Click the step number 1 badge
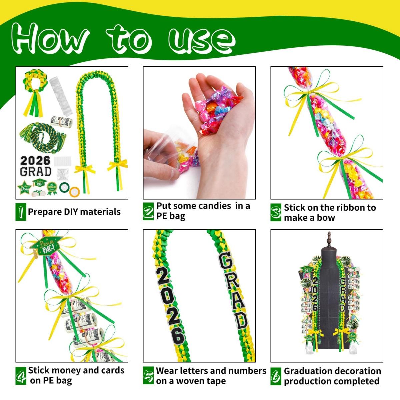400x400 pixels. coord(21,212)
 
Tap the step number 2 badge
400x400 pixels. coord(148,212)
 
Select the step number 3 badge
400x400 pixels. coord(276,212)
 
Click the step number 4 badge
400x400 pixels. coord(21,376)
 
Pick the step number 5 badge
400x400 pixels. coord(148,376)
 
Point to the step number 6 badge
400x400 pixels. coord(276,376)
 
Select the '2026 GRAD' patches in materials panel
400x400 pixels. coord(36,166)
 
